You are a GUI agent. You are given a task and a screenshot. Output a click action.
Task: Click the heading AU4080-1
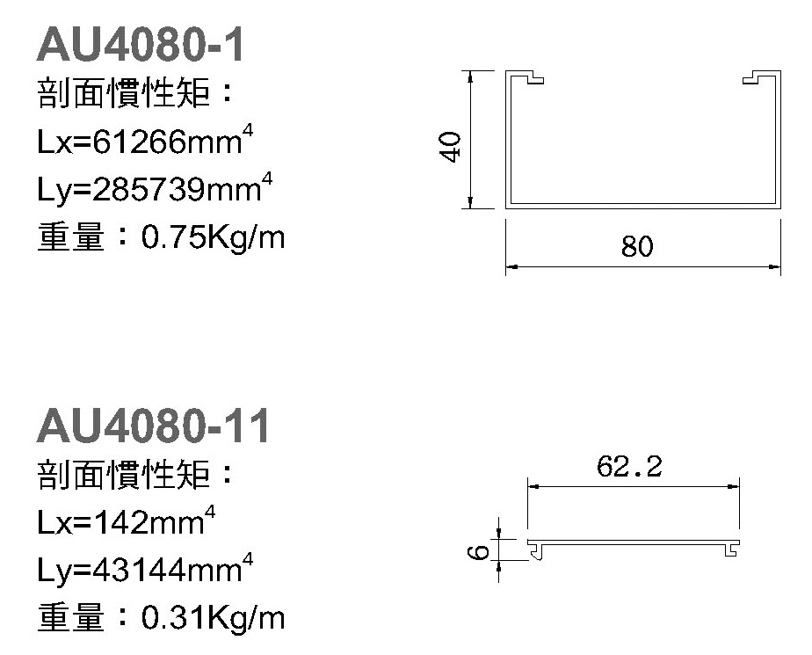141,45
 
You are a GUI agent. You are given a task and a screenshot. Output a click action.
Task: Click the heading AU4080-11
153,426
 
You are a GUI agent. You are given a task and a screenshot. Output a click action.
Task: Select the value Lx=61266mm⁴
145,139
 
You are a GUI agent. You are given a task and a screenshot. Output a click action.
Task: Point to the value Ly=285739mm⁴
155,187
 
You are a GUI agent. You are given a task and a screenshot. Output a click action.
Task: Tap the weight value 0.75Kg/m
213,238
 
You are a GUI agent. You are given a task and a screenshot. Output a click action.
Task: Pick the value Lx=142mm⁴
127,520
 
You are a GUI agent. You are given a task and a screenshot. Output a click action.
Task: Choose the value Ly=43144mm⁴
145,568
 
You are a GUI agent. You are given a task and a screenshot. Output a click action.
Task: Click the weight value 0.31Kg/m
213,618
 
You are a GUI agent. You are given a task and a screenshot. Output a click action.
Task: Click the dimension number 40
450,147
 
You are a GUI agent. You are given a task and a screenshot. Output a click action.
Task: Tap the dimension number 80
637,246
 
